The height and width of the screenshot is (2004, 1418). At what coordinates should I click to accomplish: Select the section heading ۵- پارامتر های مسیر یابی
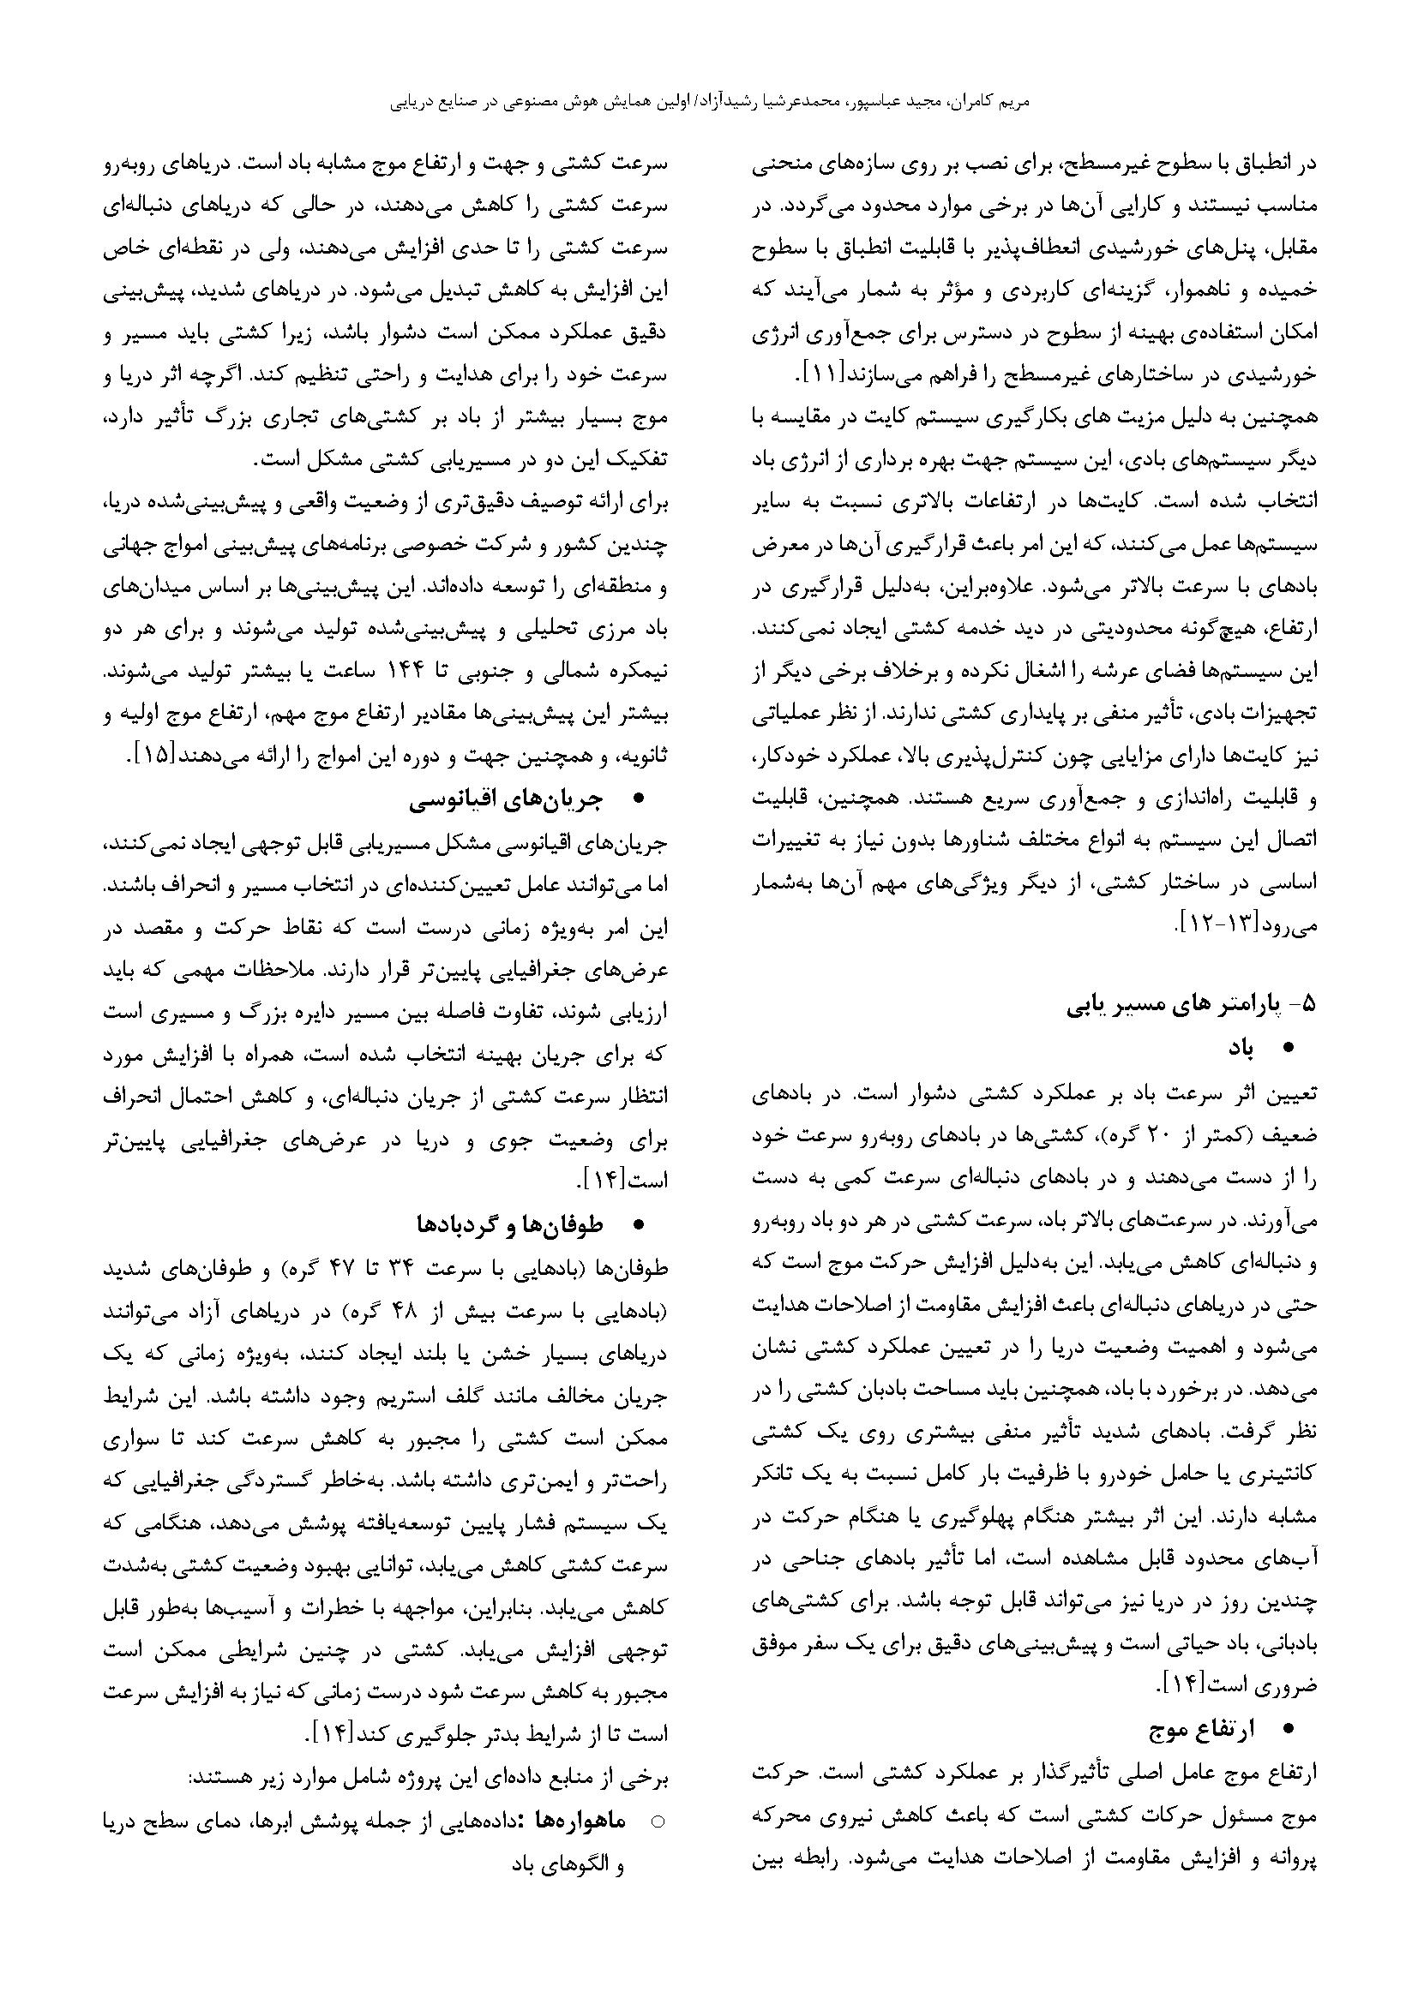pyautogui.click(x=1191, y=1005)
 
